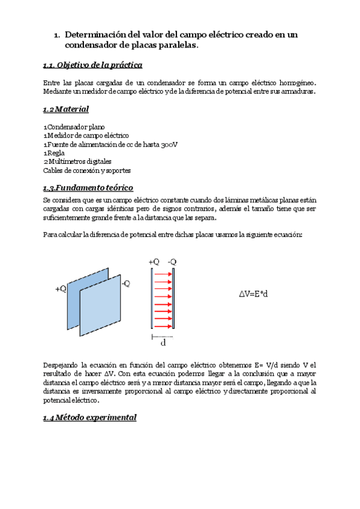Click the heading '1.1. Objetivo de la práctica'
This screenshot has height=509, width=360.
[x=92, y=65]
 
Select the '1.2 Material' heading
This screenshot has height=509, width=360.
[x=66, y=109]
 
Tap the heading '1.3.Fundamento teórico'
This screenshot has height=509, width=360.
[x=88, y=187]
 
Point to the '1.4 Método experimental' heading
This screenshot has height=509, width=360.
[x=90, y=417]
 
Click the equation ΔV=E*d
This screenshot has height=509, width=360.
[x=253, y=295]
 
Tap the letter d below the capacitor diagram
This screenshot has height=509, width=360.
[x=163, y=343]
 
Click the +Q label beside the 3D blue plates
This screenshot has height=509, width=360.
[x=61, y=289]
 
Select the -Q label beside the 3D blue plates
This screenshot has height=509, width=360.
[x=126, y=284]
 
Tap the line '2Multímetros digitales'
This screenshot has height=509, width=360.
[x=77, y=161]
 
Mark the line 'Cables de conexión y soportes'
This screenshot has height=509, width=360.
[x=87, y=170]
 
